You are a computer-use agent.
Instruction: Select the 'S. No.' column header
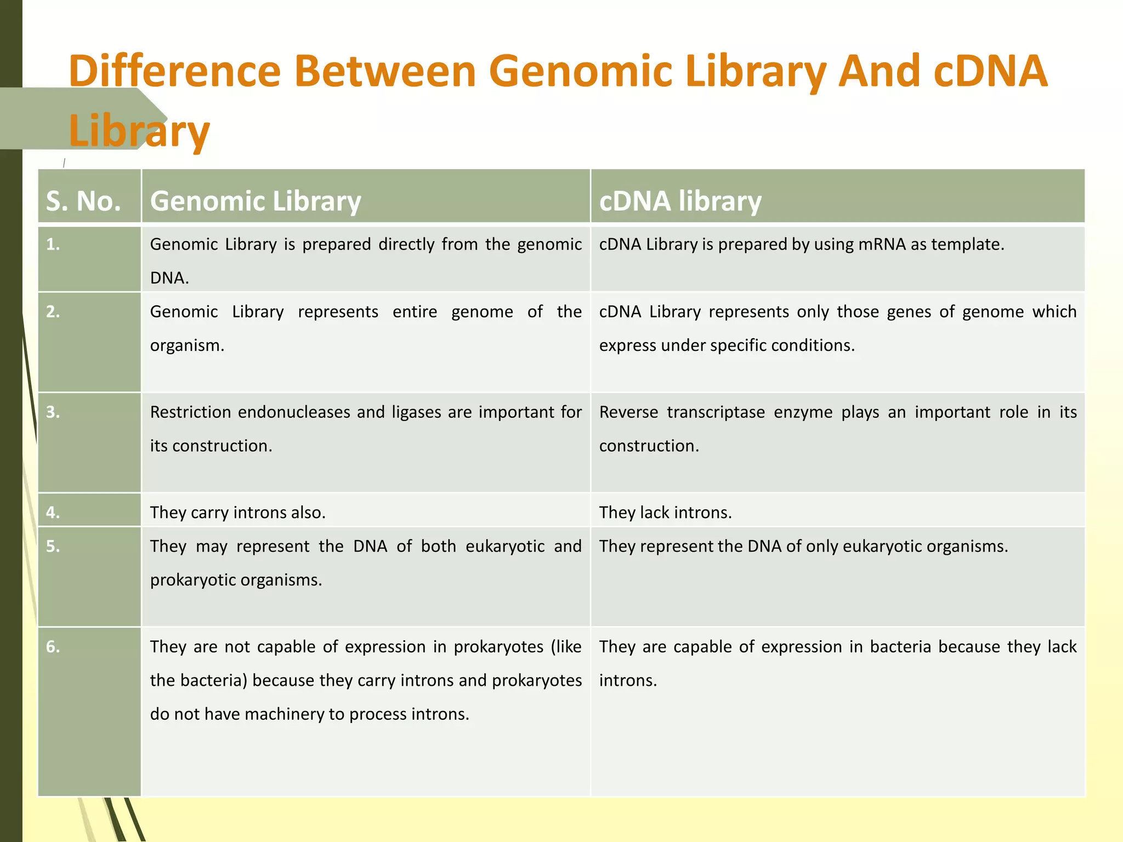[83, 201]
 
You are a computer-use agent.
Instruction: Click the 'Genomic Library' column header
[256, 201]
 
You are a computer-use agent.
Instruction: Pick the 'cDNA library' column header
[680, 201]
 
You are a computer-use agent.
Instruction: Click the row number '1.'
[53, 244]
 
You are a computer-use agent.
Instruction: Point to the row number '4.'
[53, 513]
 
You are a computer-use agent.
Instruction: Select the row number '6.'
[53, 647]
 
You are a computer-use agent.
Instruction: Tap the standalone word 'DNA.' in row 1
[169, 278]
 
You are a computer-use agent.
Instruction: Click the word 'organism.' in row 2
[187, 345]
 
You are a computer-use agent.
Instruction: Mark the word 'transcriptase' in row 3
[716, 412]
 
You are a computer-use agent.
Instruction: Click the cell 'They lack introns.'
[665, 513]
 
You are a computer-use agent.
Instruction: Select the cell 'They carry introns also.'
[237, 513]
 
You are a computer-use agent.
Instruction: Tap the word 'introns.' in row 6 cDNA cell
[628, 681]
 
